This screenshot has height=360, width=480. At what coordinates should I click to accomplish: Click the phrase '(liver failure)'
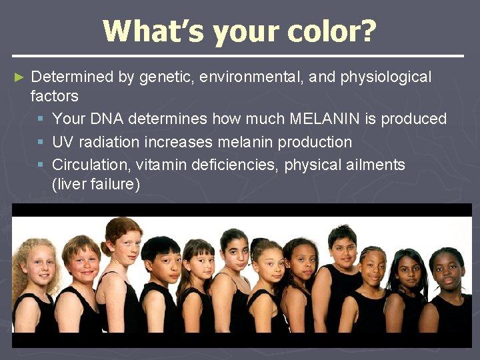tap(96, 184)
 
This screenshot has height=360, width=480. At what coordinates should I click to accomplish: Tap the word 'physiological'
tap(386, 77)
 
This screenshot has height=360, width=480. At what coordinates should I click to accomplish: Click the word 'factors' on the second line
tap(55, 96)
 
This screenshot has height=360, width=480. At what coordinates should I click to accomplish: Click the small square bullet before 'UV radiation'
tap(41, 143)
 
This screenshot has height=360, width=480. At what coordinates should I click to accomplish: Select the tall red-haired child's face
tap(125, 246)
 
